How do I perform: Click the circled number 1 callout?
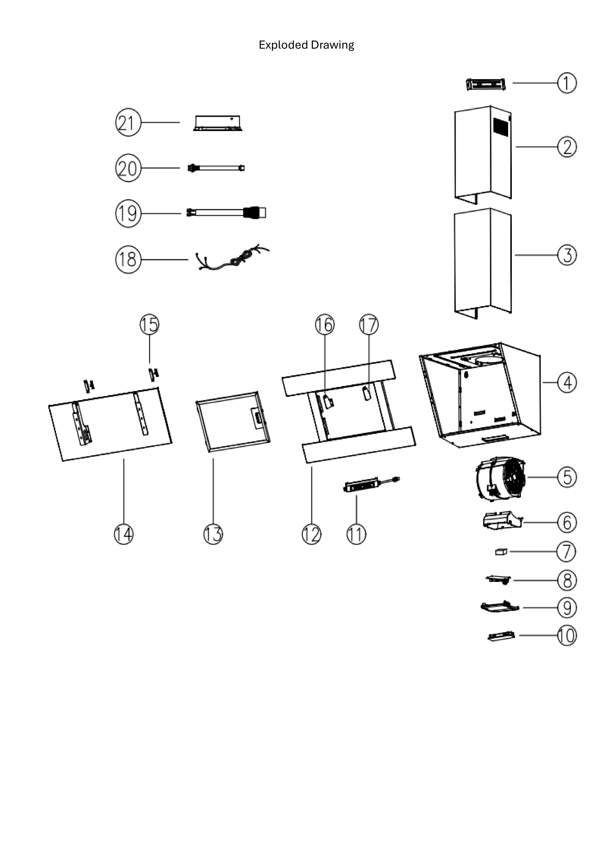[x=567, y=83]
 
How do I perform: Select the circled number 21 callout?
[x=128, y=123]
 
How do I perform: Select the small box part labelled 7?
[x=501, y=552]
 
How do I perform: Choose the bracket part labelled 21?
[x=217, y=123]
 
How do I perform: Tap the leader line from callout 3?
[x=536, y=255]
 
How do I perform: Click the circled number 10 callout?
[x=567, y=636]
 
